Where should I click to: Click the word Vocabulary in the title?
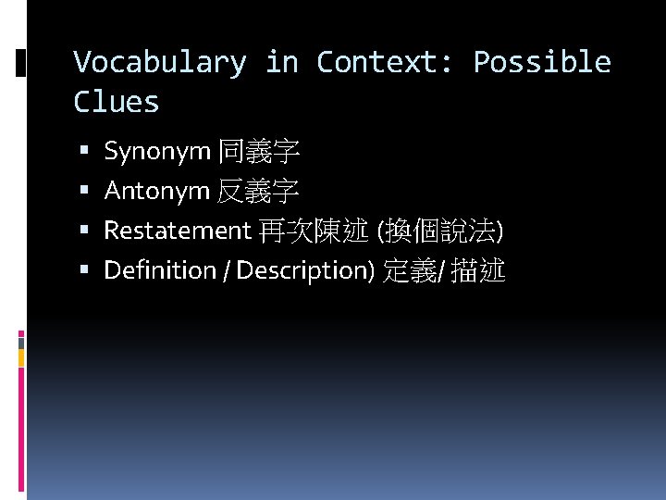tap(160, 62)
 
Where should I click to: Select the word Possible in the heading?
tap(542, 62)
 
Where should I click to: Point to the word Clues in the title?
tap(117, 102)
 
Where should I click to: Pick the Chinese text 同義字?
tap(258, 151)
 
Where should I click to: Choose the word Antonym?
tap(157, 191)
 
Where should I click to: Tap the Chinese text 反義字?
tap(258, 192)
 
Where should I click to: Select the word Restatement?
tap(178, 231)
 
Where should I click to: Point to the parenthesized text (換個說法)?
tap(437, 231)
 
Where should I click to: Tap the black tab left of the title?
tap(21, 63)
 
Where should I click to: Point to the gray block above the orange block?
tap(21, 342)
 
